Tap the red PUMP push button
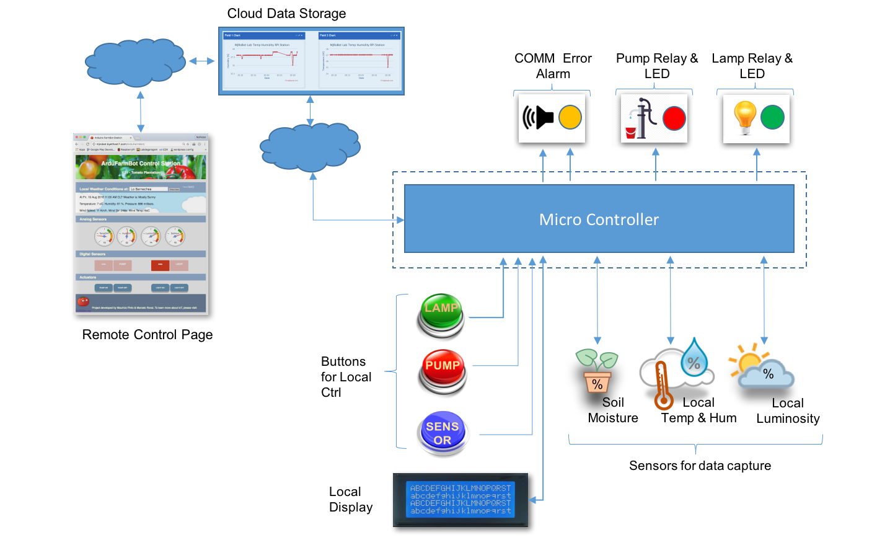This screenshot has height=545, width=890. coord(442,371)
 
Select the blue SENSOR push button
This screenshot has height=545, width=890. coord(442,433)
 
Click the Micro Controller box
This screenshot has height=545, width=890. coord(599,219)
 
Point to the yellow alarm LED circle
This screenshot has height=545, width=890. coord(570,117)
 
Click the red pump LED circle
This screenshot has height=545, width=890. coord(674,118)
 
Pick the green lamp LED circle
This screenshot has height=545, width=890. coord(772,117)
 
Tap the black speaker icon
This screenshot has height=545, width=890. coord(538,117)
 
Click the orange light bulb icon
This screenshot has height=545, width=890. coord(744,117)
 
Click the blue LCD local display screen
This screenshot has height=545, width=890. coord(460,500)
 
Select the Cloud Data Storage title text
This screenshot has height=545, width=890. coord(286,14)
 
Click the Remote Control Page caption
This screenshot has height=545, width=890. coord(148,335)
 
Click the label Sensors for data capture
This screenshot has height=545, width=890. coord(700,466)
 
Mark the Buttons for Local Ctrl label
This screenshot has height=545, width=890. coord(346,377)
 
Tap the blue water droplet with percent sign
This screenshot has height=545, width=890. coord(694,358)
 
